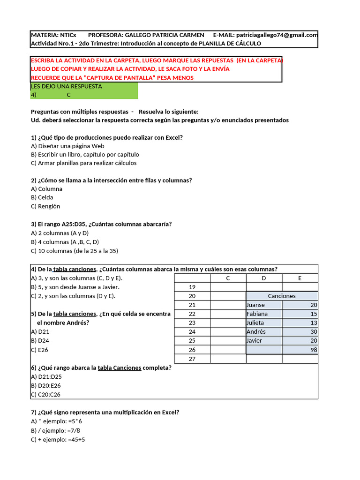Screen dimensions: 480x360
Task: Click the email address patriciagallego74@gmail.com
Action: pos(277,35)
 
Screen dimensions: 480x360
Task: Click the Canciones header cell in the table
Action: pos(282,296)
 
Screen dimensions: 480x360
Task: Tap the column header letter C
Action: pos(228,278)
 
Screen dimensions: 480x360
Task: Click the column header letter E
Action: pos(300,278)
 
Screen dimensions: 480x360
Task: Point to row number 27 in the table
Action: pos(192,359)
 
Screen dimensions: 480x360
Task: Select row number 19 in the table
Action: pos(192,287)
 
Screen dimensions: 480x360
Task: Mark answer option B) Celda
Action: pos(42,197)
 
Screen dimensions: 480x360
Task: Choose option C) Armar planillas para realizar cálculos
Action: pos(83,163)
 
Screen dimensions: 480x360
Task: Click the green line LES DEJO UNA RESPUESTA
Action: pos(66,86)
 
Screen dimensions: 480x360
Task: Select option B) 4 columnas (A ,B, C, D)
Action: pos(65,242)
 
